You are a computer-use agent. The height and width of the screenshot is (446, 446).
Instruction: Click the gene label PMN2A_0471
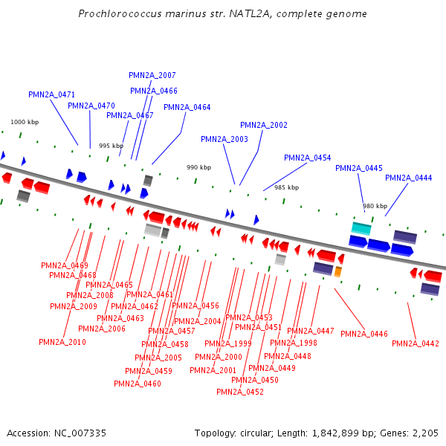[x=52, y=94]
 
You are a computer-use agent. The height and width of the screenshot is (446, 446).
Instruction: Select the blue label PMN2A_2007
[x=152, y=76]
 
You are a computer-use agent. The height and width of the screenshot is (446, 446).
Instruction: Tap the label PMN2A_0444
[x=408, y=178]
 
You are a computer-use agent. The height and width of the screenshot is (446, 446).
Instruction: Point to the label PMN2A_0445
[x=358, y=168]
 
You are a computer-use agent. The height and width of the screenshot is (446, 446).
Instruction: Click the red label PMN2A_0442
[x=416, y=343]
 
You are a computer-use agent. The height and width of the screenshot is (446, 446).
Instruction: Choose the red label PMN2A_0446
[x=364, y=334]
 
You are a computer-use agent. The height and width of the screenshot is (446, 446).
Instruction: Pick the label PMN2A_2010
[x=62, y=342]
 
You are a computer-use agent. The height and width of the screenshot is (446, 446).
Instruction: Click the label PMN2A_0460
[x=137, y=384]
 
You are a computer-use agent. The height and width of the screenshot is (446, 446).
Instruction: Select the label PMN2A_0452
[x=240, y=392]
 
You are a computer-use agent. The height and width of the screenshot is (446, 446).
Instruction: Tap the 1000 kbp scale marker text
[x=23, y=122]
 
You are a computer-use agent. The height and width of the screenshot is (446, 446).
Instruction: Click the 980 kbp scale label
[x=375, y=206]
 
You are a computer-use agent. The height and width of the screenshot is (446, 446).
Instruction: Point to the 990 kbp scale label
[x=198, y=168]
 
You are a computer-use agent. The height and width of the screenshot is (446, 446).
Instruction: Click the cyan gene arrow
[x=361, y=227]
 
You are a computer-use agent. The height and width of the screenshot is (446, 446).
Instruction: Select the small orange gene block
[x=338, y=272]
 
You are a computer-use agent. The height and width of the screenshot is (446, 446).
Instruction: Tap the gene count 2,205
[x=424, y=433]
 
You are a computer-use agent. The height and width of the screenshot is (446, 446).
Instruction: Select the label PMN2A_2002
[x=263, y=125]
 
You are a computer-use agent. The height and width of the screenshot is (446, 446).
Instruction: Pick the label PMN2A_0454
[x=307, y=158]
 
